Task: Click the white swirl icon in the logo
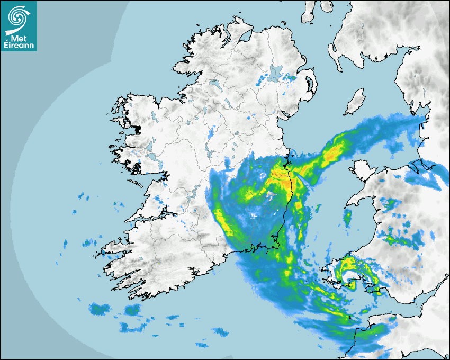click(x=18, y=16)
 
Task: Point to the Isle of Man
click(x=355, y=102)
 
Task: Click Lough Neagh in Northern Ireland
click(x=275, y=73)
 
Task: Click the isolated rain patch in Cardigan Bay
click(x=348, y=217)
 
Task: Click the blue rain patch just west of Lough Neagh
click(x=261, y=81)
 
